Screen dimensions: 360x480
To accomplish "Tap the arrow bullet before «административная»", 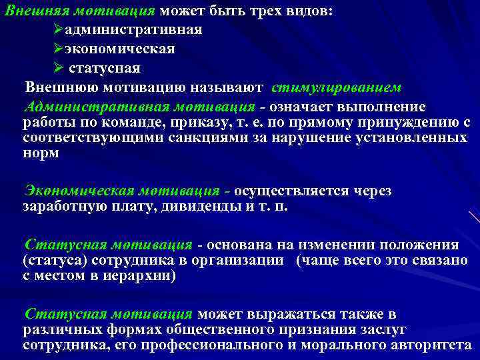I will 57,31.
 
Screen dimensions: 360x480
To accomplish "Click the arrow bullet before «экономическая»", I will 57,49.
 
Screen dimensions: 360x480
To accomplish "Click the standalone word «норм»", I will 41,153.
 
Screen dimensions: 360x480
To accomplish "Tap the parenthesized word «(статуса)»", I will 54,260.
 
